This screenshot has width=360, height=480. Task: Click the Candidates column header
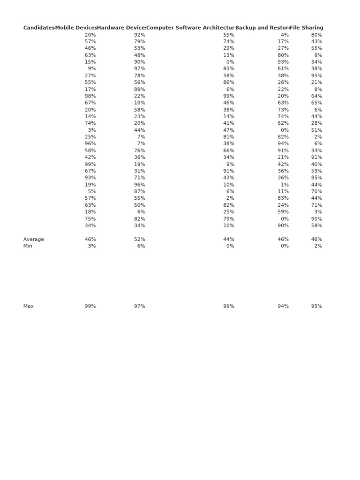[x=39, y=28]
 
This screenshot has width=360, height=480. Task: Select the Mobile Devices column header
[x=76, y=28]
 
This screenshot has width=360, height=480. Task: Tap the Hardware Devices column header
[x=121, y=28]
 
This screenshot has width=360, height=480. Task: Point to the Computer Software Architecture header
[x=190, y=28]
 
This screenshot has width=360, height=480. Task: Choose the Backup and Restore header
[x=262, y=28]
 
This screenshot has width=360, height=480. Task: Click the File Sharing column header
[x=307, y=28]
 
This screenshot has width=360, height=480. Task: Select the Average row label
[x=34, y=240]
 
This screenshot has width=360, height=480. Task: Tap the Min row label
[x=28, y=246]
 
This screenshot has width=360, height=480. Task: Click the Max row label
[x=29, y=307]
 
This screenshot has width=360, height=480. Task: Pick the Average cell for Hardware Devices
[x=139, y=240]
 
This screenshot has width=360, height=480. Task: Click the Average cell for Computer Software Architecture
[x=228, y=240]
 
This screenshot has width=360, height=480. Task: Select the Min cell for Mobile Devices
[x=91, y=246]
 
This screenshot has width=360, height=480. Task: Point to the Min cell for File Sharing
[x=318, y=246]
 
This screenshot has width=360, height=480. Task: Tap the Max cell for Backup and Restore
[x=283, y=307]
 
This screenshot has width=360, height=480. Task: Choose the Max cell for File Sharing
[x=316, y=307]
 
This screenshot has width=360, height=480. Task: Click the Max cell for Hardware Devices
[x=139, y=307]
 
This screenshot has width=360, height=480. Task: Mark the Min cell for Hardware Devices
[x=141, y=246]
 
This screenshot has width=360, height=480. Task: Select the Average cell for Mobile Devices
[x=90, y=240]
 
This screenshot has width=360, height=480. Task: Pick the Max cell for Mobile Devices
[x=90, y=307]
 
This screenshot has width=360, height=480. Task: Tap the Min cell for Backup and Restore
[x=284, y=246]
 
